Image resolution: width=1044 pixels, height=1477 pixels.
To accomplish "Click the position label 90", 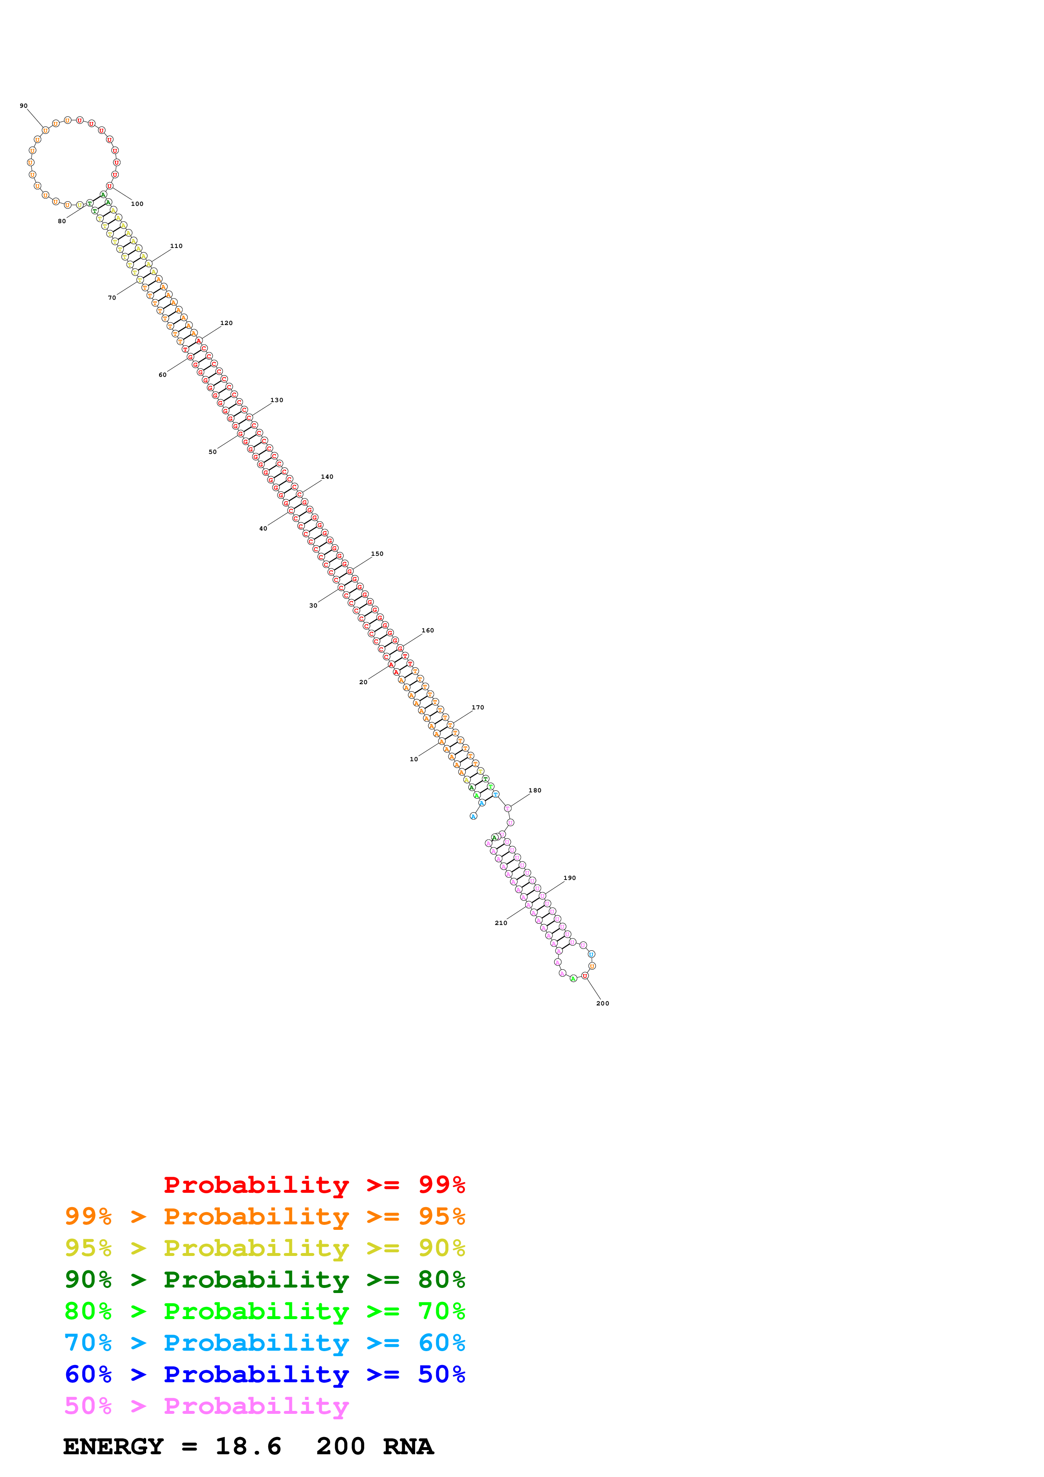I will [x=24, y=106].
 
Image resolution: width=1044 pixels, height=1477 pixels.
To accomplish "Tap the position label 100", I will [x=137, y=204].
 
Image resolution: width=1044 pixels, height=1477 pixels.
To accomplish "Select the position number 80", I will [x=62, y=221].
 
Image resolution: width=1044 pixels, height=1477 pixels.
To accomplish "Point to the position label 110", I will [x=176, y=246].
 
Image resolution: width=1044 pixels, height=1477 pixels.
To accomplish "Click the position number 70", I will [x=112, y=298].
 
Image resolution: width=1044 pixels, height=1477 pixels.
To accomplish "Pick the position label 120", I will [x=227, y=323].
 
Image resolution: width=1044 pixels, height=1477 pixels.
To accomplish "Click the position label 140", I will [x=327, y=477].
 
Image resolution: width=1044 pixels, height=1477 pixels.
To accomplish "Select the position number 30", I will [x=313, y=605].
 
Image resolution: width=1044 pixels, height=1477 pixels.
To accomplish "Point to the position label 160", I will [x=428, y=630].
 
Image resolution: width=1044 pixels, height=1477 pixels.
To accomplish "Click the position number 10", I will [x=414, y=759].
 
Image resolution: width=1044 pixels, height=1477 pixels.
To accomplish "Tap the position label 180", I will [x=534, y=790].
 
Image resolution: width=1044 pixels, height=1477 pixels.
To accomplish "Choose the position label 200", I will [x=603, y=1003].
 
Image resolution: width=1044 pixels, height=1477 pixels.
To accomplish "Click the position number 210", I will [x=501, y=922].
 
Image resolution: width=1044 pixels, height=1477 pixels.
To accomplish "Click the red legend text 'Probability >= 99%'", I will [x=314, y=1184].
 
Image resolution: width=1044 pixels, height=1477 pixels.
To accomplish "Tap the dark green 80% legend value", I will [x=441, y=1280].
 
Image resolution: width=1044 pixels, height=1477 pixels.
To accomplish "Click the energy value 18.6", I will [x=248, y=1447].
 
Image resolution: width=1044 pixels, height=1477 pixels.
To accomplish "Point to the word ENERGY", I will [x=113, y=1447].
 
